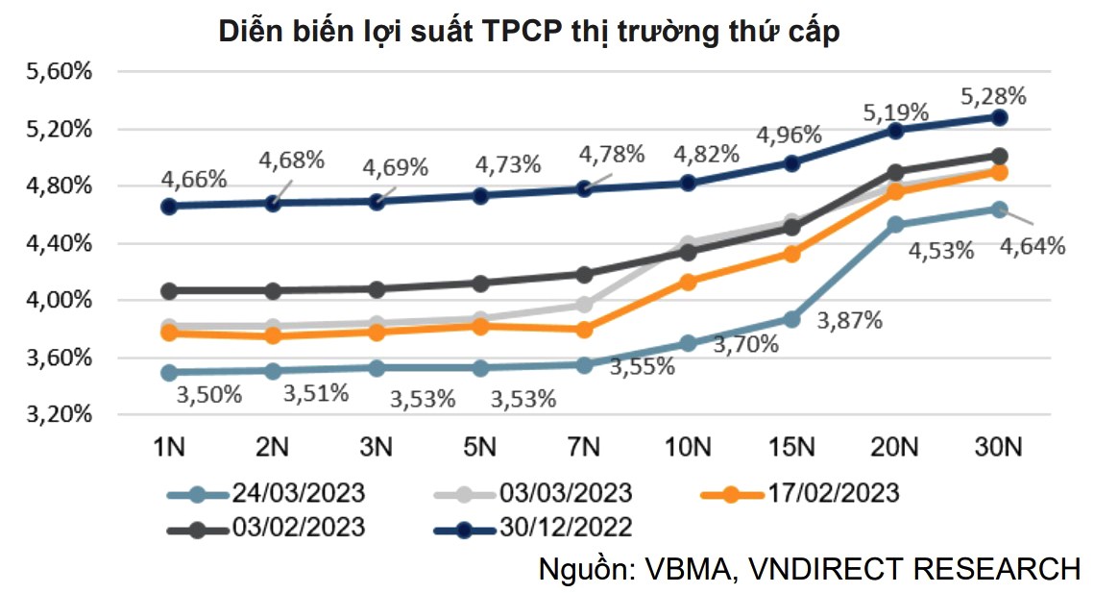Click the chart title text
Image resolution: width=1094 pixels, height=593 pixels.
pyautogui.click(x=529, y=32)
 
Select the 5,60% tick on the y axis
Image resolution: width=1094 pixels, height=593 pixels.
pyautogui.click(x=58, y=72)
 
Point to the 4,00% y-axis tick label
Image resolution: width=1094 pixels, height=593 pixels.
pyautogui.click(x=58, y=301)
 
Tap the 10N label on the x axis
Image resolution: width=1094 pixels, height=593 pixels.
pyautogui.click(x=688, y=447)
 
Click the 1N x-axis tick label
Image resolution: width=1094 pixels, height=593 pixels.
pyautogui.click(x=169, y=447)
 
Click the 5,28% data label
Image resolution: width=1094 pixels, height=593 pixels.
pyautogui.click(x=994, y=95)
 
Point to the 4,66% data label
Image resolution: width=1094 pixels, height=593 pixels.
pyautogui.click(x=195, y=179)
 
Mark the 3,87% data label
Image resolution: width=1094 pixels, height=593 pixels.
pyautogui.click(x=850, y=321)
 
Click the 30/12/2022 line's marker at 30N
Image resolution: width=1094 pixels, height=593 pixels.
pyautogui.click(x=999, y=117)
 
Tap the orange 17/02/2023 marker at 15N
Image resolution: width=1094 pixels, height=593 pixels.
pyautogui.click(x=791, y=254)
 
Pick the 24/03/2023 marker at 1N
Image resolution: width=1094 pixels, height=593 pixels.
pyautogui.click(x=169, y=372)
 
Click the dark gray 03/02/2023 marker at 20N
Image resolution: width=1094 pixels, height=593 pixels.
pyautogui.click(x=895, y=173)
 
